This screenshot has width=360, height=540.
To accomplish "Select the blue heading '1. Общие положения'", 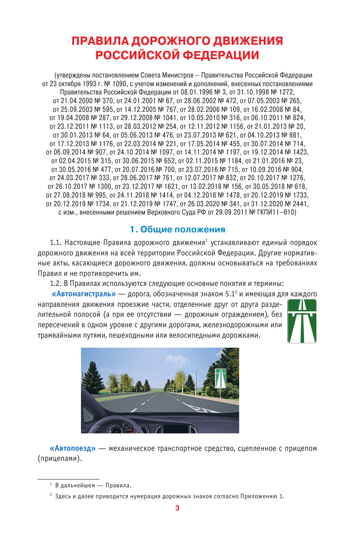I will (178, 229).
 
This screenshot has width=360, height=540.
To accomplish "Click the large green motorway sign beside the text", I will (302, 321).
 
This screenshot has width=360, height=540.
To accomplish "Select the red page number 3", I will (177, 508).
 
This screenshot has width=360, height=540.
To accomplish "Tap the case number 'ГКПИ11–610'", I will (279, 212).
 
